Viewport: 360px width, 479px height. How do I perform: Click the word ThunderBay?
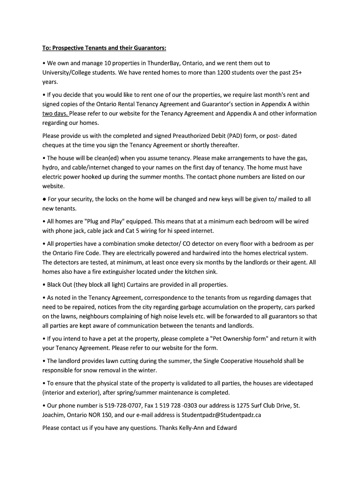click(x=164, y=63)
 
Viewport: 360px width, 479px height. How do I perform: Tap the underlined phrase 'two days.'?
click(x=55, y=113)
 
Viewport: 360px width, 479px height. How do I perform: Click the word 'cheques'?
click(x=54, y=145)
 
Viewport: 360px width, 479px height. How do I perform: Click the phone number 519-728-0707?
click(x=113, y=406)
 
